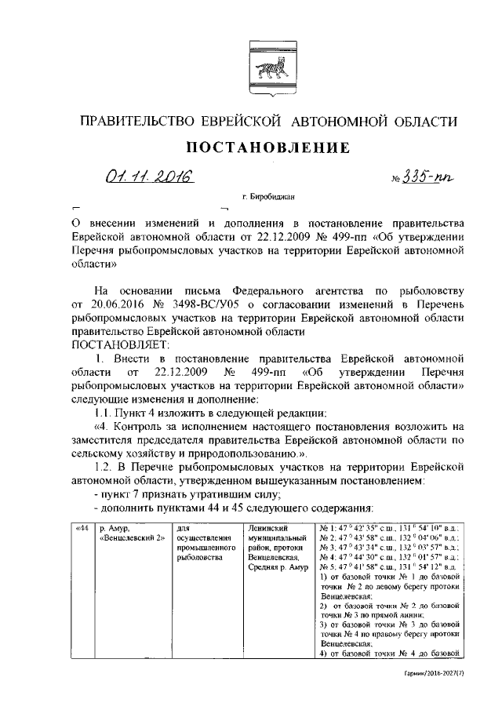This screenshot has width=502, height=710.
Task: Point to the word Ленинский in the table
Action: tap(267, 528)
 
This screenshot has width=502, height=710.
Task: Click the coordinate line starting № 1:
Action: tap(390, 528)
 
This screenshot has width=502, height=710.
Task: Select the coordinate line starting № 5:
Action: tap(390, 566)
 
